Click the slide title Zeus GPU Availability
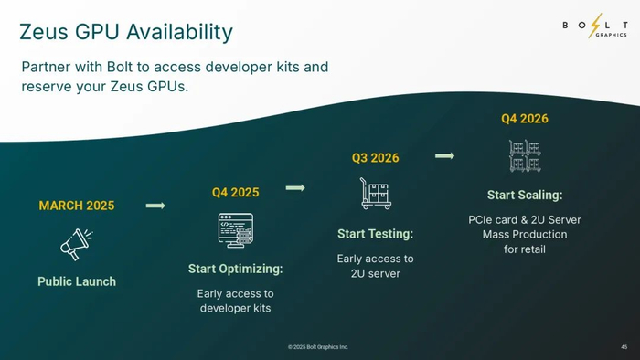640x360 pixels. [x=126, y=32]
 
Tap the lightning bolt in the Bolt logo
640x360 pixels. [x=595, y=26]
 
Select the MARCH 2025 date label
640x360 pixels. [x=77, y=206]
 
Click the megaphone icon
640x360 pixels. [x=76, y=244]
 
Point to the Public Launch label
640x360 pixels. [x=77, y=281]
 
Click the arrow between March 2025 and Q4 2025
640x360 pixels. [x=155, y=206]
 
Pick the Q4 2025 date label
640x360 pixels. [x=236, y=193]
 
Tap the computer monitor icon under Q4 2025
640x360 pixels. [x=236, y=230]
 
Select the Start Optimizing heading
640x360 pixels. [x=236, y=269]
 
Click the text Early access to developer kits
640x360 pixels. [x=236, y=301]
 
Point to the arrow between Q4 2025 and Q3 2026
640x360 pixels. [x=295, y=188]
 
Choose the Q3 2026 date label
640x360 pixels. [x=376, y=158]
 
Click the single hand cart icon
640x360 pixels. [x=376, y=194]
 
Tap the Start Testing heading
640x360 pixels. [x=376, y=234]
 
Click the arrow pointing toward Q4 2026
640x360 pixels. [x=445, y=155]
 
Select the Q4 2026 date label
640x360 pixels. [x=525, y=119]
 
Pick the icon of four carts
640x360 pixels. [x=525, y=155]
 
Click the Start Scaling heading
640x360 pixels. [x=525, y=195]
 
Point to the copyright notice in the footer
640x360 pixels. [x=318, y=347]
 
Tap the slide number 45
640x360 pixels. [x=624, y=347]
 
